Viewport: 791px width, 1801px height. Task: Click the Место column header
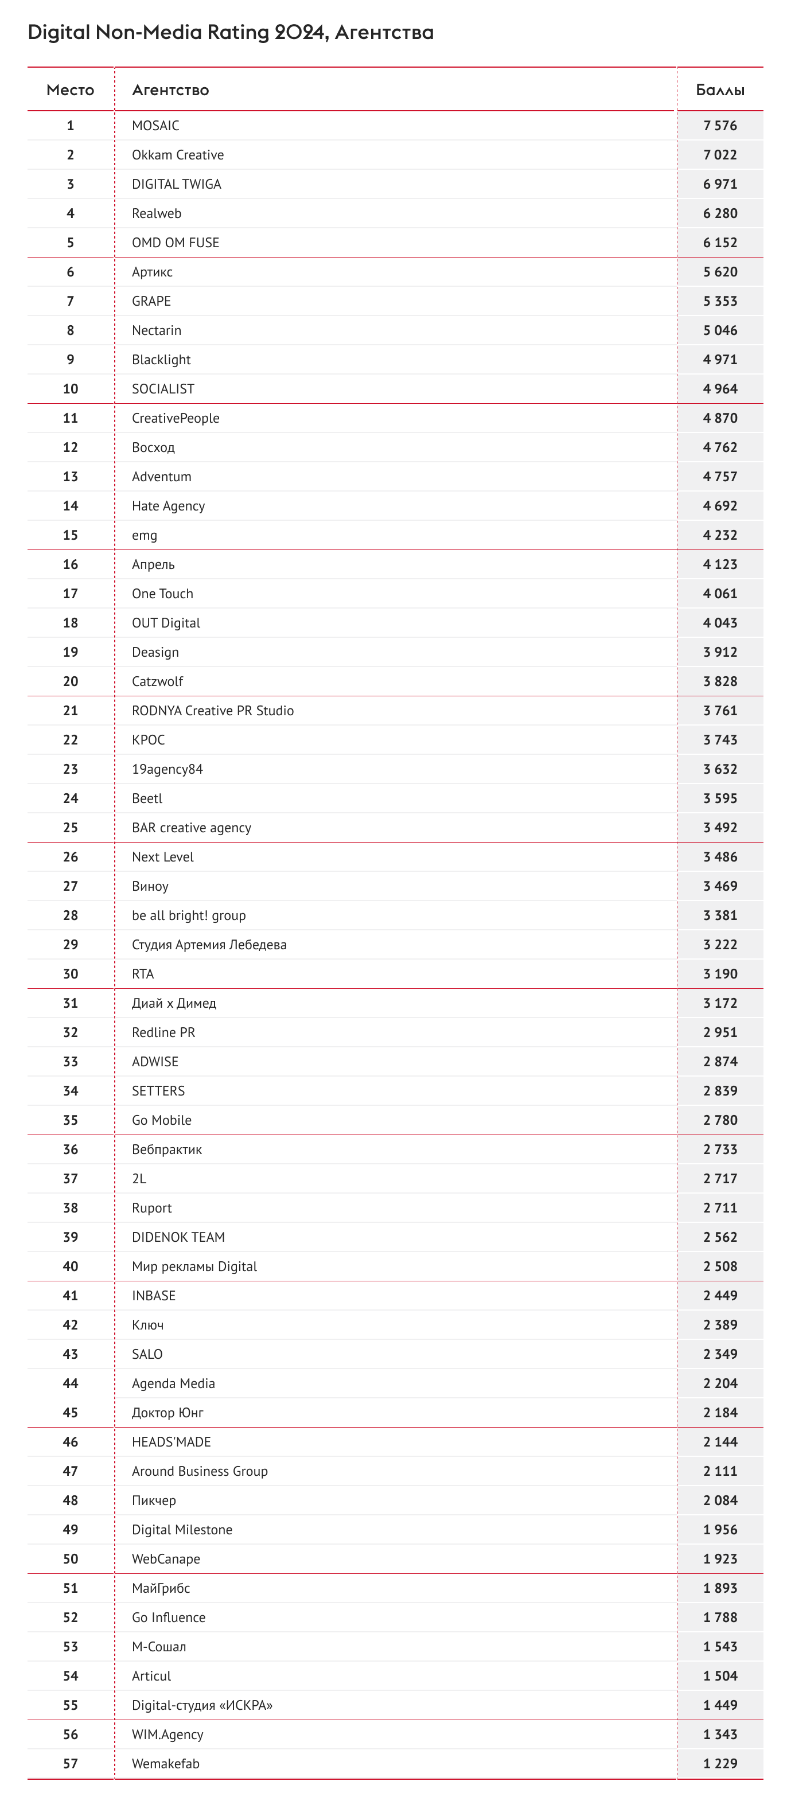pyautogui.click(x=70, y=90)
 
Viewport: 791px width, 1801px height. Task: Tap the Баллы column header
pyautogui.click(x=720, y=90)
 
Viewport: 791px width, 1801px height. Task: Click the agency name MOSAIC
pyautogui.click(x=155, y=126)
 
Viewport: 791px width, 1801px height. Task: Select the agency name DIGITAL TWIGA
pyautogui.click(x=176, y=185)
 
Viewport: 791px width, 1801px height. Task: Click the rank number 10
pyautogui.click(x=71, y=389)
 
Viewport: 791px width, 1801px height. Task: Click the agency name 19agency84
pyautogui.click(x=167, y=770)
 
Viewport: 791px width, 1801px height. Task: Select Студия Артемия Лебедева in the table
pyautogui.click(x=209, y=945)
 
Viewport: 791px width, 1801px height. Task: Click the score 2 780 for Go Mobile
pyautogui.click(x=720, y=1121)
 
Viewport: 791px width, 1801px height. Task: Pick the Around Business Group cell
pyautogui.click(x=199, y=1472)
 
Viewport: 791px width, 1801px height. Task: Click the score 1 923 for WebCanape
pyautogui.click(x=720, y=1560)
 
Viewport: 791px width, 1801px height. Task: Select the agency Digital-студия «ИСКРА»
pyautogui.click(x=202, y=1706)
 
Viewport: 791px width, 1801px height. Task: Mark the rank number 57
pyautogui.click(x=71, y=1764)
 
